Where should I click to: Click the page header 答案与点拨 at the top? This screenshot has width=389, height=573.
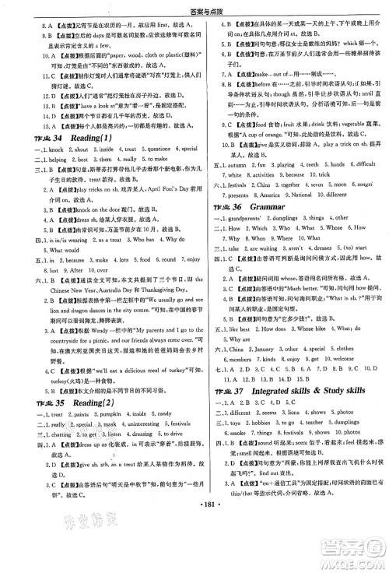pos(194,9)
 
